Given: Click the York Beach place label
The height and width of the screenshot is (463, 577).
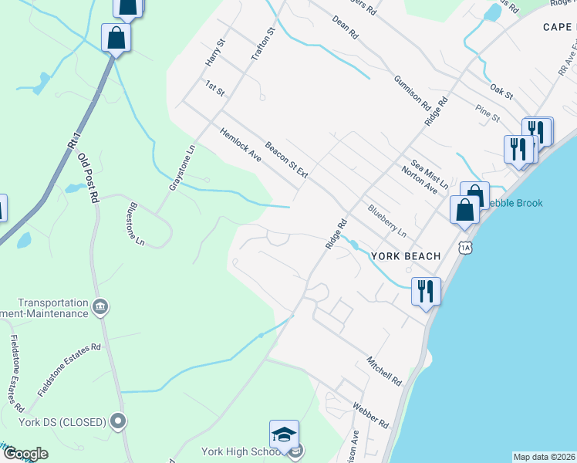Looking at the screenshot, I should pos(405,256).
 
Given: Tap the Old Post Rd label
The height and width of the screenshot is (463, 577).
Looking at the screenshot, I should pos(89,177).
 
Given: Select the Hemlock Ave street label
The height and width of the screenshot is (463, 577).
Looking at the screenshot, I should pos(241,144).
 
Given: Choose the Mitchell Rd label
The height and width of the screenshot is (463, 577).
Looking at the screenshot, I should pos(384,371).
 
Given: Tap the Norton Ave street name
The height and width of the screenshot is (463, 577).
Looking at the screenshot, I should pos(420,180).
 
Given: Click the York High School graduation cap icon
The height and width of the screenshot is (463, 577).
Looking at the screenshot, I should pos(284,434).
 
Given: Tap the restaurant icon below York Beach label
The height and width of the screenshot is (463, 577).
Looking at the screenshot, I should pos(426,291).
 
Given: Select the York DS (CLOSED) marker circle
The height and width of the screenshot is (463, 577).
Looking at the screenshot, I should pos(118,421).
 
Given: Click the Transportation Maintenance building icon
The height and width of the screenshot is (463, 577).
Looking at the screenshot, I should pos(100,308).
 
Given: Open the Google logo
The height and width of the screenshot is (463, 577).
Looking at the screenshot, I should pos(25,454).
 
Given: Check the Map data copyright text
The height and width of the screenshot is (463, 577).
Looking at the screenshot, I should pos(544,457).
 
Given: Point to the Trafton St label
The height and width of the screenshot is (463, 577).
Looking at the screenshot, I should pos(263,45).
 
